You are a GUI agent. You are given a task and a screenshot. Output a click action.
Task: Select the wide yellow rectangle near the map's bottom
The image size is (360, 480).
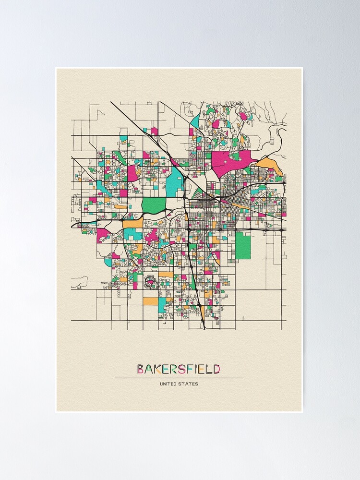[x=150, y=301]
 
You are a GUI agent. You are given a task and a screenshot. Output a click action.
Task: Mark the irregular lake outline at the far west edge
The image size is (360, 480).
[x=80, y=281]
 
